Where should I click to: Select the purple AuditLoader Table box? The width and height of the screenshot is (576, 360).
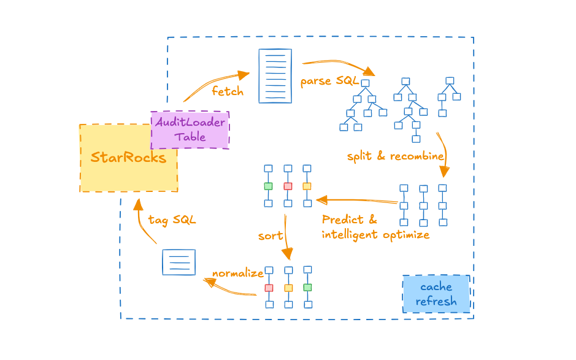point(190,129)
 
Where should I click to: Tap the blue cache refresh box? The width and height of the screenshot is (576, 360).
point(436,294)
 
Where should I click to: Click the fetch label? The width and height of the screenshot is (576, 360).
point(228,91)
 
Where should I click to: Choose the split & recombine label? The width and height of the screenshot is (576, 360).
point(394,156)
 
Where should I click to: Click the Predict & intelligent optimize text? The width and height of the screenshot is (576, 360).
point(375,227)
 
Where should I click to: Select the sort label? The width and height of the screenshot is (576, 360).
point(271,236)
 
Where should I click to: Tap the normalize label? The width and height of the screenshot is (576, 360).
point(237,274)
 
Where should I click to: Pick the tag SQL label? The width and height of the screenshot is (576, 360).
point(172,220)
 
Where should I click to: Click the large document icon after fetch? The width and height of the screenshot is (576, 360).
point(275,75)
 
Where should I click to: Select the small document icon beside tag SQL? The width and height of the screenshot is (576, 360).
point(179,262)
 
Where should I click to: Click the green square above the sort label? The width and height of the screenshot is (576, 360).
point(268,186)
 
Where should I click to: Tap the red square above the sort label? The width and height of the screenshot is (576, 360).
point(288,186)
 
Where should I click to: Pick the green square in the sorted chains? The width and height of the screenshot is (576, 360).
point(307,287)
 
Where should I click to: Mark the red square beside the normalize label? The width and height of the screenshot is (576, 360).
point(269,288)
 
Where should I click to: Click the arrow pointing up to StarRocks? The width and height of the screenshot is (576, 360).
point(140,227)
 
